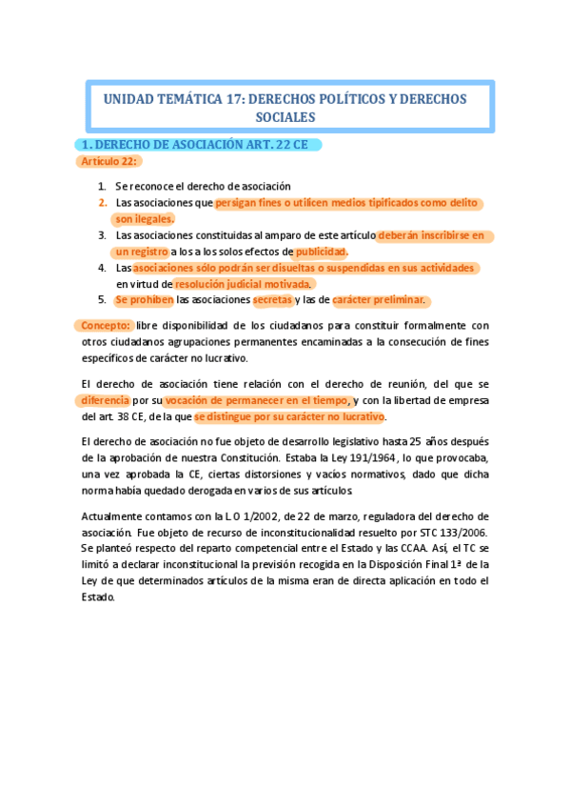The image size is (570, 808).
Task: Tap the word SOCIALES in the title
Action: pos(285,117)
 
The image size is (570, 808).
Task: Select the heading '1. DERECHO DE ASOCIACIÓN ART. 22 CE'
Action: pos(197,145)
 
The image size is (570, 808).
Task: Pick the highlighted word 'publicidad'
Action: pos(321,252)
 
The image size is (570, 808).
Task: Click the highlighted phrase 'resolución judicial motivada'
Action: pos(244,284)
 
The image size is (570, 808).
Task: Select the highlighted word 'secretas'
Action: pos(273,300)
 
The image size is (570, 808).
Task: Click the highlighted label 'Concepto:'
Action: pos(105,325)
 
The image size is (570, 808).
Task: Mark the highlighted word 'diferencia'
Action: pos(106,400)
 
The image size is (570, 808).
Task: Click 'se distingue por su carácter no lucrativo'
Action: pos(289,417)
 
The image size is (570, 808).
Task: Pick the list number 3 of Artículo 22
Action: pos(102,234)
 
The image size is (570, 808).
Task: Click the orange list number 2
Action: pos(102,202)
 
